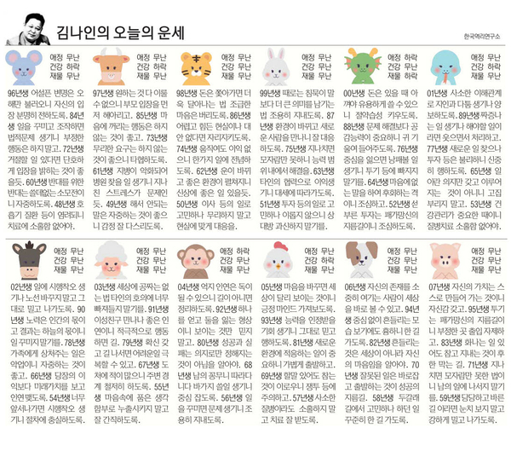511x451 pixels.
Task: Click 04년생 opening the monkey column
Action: click(187, 288)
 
